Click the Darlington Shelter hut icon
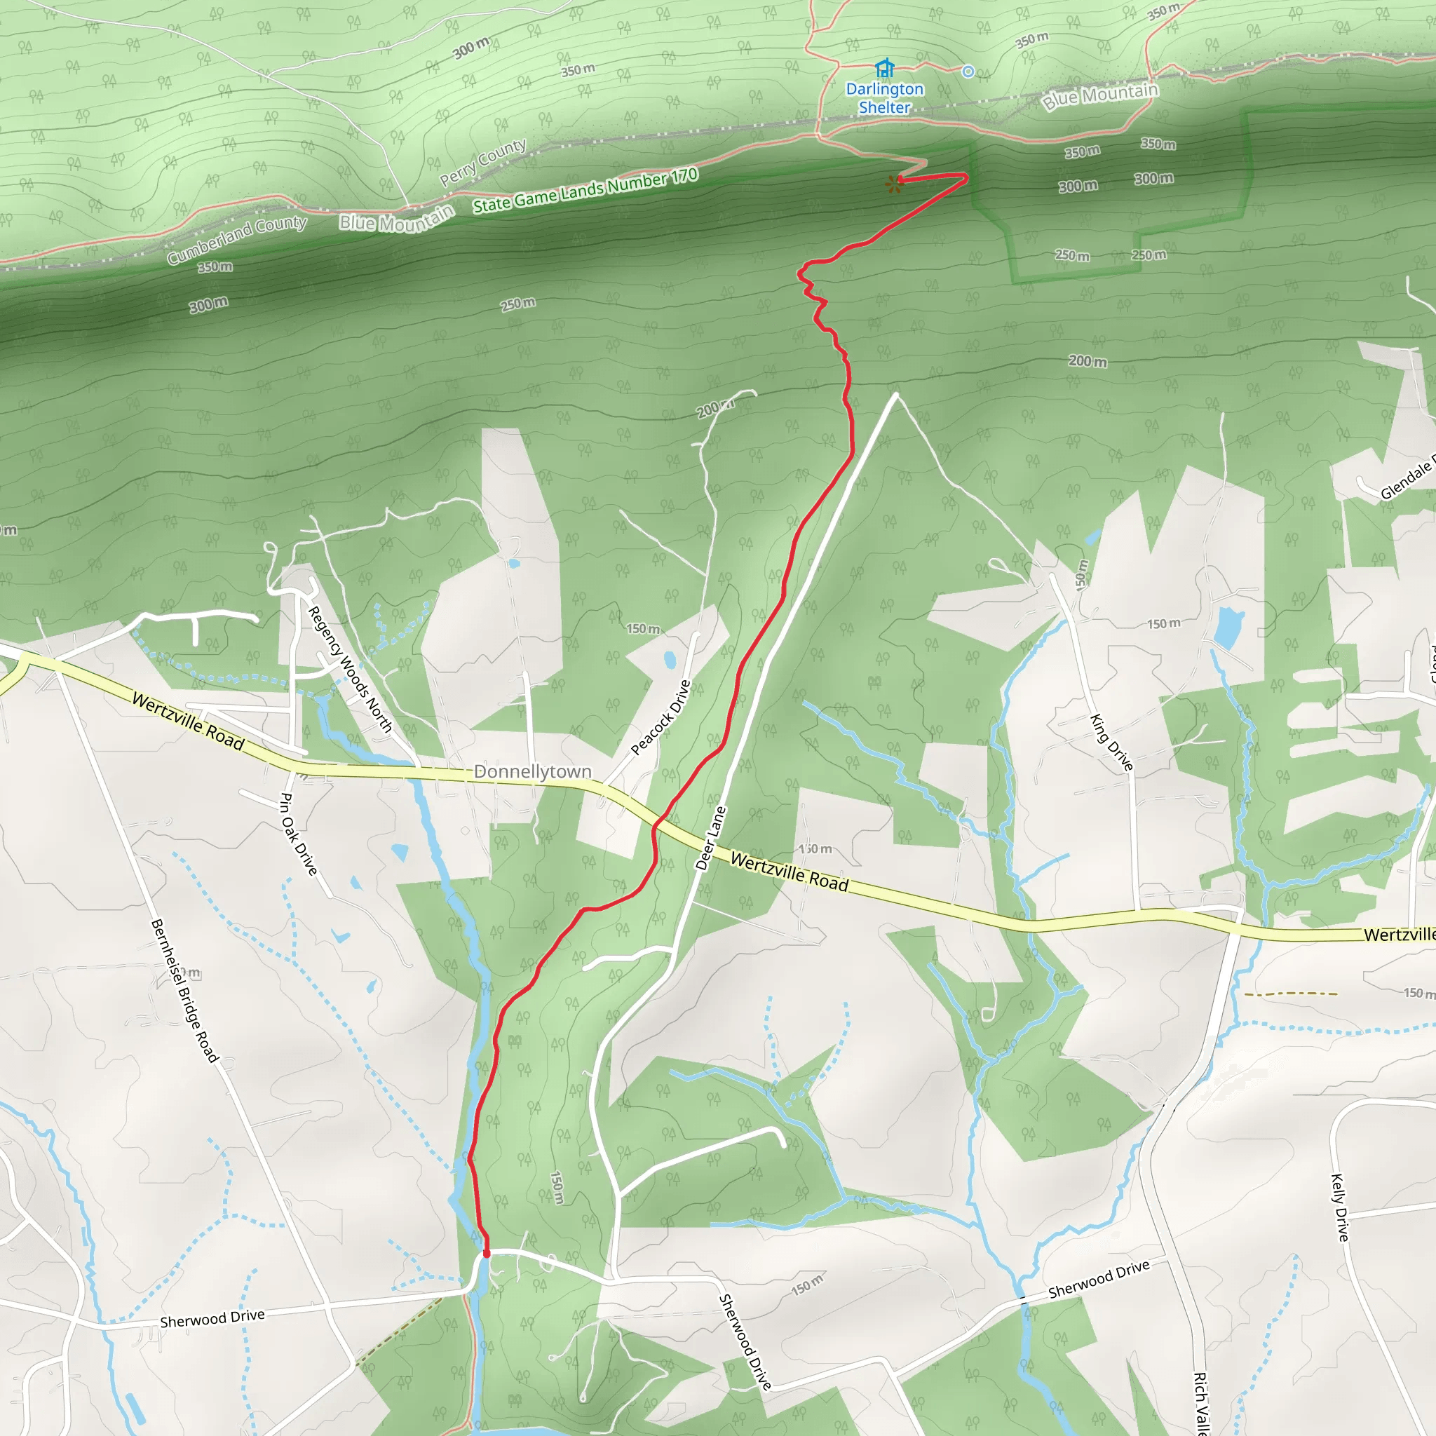pyautogui.click(x=883, y=69)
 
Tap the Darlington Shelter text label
pyautogui.click(x=884, y=98)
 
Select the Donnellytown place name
pyautogui.click(x=532, y=771)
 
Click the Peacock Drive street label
pyautogui.click(x=661, y=717)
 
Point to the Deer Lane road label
pyautogui.click(x=710, y=838)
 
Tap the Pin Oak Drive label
pyautogui.click(x=298, y=833)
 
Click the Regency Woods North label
pyautogui.click(x=349, y=669)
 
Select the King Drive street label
pyautogui.click(x=1111, y=742)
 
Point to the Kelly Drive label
pyautogui.click(x=1339, y=1207)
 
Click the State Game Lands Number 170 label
pyautogui.click(x=585, y=190)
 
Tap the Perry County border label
pyautogui.click(x=483, y=162)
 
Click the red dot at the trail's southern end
pyautogui.click(x=487, y=1254)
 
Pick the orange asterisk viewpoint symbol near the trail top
pyautogui.click(x=893, y=184)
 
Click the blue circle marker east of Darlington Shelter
pyautogui.click(x=968, y=72)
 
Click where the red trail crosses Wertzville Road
pyautogui.click(x=656, y=824)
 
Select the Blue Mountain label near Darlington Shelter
pyautogui.click(x=1100, y=97)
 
